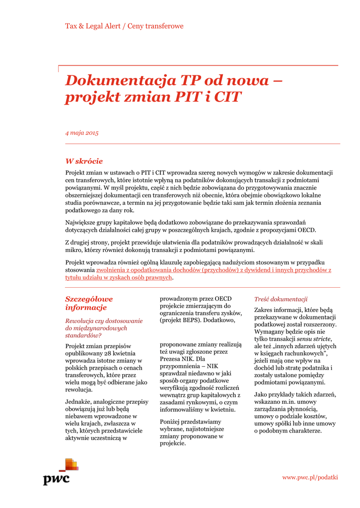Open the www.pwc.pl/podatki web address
tap(310, 477)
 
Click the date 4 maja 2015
tap(82, 133)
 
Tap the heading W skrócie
tap(84, 161)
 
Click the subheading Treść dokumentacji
tap(281, 299)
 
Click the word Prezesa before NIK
tap(171, 358)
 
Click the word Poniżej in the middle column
tap(171, 421)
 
